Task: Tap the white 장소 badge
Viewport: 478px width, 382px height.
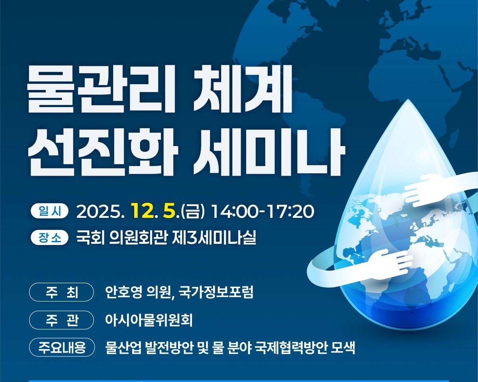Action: pyautogui.click(x=49, y=237)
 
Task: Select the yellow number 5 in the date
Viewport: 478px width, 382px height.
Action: pyautogui.click(x=169, y=211)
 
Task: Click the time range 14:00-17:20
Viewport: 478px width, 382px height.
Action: pyautogui.click(x=263, y=212)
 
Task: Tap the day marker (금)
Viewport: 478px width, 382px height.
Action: pyautogui.click(x=192, y=212)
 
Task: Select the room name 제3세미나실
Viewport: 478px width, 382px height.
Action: pyautogui.click(x=214, y=237)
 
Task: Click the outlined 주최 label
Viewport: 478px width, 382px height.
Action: pyautogui.click(x=61, y=292)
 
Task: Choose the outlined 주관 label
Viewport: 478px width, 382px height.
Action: pyautogui.click(x=61, y=320)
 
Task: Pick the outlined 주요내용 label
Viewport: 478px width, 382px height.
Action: pyautogui.click(x=62, y=347)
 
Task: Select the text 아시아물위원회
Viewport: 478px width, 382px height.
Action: pyautogui.click(x=149, y=320)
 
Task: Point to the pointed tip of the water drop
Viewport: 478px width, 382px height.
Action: pyautogui.click(x=408, y=100)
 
